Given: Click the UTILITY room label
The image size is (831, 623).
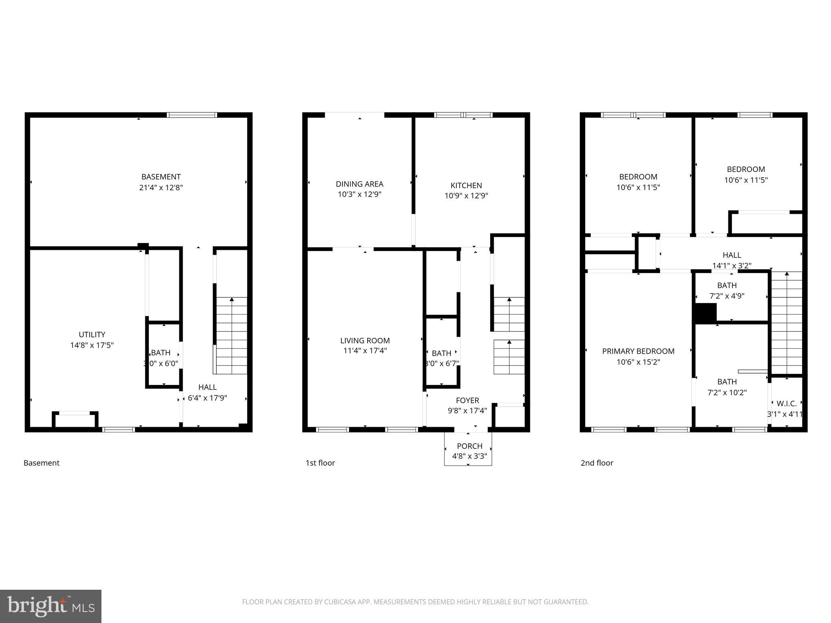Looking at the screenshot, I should (x=92, y=335).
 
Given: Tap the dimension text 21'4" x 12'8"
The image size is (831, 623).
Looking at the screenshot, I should (x=161, y=187).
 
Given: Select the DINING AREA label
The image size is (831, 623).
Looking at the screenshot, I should (x=360, y=184).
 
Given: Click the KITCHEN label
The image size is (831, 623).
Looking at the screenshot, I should (x=466, y=185).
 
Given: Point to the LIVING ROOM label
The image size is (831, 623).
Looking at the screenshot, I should (x=365, y=341).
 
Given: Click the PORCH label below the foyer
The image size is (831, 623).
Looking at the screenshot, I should (x=469, y=446).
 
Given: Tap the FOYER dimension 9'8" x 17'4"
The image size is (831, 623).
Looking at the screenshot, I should (x=467, y=410).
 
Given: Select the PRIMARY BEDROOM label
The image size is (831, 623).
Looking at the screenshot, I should (x=638, y=351).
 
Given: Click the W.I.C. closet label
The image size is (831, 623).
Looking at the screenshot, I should (x=786, y=404).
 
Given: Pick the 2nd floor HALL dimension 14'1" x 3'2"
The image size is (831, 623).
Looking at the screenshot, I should (x=732, y=266).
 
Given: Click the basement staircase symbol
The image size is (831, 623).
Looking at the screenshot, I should (x=231, y=335).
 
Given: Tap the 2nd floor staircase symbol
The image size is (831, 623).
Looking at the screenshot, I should (x=786, y=322).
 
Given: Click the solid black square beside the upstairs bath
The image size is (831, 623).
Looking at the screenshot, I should (x=706, y=313).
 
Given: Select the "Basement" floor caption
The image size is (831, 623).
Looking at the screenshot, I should (x=41, y=463).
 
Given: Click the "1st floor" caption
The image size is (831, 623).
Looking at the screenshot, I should (x=320, y=463).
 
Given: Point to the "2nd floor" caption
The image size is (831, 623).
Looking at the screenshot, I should (x=597, y=463).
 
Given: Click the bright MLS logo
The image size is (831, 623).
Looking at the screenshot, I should (x=51, y=606).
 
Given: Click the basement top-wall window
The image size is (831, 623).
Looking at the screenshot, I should (x=192, y=115).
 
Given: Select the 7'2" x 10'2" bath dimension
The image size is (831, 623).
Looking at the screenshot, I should (x=727, y=392).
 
